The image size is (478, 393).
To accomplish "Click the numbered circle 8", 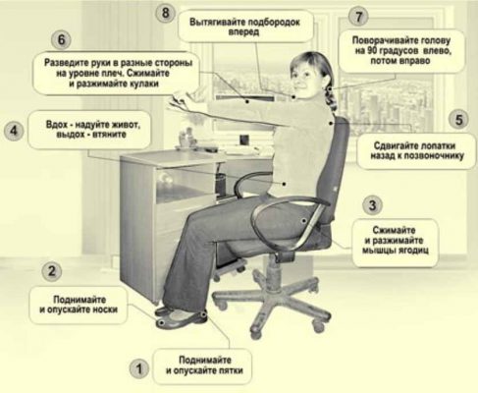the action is click(165, 14).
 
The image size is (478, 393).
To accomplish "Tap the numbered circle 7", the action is click(358, 17).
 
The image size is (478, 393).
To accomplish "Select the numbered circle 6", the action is click(61, 40).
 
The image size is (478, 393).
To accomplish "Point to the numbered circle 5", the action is click(458, 120).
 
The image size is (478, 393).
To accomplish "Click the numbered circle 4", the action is click(14, 131).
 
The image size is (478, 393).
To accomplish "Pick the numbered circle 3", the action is click(372, 205).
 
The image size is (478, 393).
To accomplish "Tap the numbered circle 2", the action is click(52, 271).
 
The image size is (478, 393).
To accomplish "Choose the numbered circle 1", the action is click(139, 368).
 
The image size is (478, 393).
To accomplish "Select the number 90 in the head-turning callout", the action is click(372, 51).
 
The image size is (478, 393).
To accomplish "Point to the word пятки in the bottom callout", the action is click(231, 370).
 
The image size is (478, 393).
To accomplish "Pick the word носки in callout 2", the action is click(105, 309).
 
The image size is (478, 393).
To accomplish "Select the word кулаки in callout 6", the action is click(144, 84).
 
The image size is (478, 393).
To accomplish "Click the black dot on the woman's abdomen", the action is click(285, 184).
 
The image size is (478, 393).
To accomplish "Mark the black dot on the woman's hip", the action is click(304, 221).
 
